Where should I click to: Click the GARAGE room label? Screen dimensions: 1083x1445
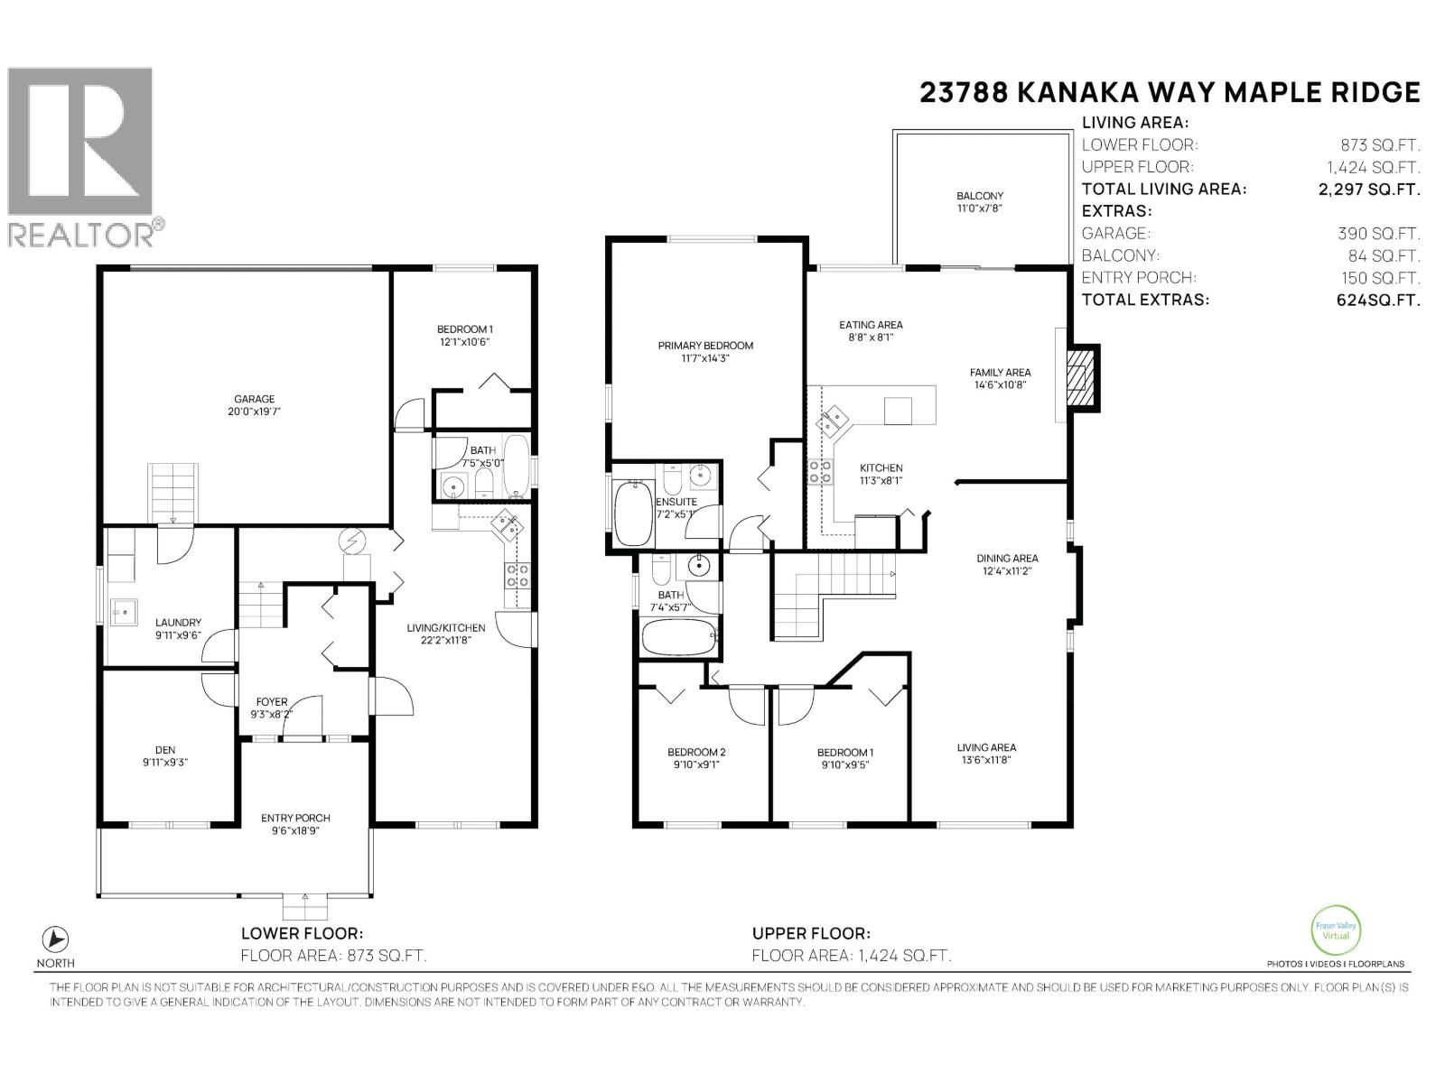click(x=254, y=399)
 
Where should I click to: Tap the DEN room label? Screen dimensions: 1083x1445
click(x=164, y=750)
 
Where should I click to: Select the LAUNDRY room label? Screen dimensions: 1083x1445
click(x=178, y=622)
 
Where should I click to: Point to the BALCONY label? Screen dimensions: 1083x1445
click(x=980, y=196)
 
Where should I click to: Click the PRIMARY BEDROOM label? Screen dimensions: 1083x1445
click(x=705, y=346)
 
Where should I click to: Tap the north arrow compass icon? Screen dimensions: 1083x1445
click(x=56, y=938)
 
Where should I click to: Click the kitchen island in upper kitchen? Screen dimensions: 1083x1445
click(x=898, y=412)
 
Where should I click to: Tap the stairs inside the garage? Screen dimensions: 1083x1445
click(x=172, y=492)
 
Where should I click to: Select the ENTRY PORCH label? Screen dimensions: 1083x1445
click(x=291, y=819)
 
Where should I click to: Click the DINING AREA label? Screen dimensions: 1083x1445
click(x=1006, y=559)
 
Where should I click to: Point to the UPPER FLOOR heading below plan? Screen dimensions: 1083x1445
click(x=810, y=934)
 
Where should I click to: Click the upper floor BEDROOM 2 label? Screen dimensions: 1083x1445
click(x=696, y=752)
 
